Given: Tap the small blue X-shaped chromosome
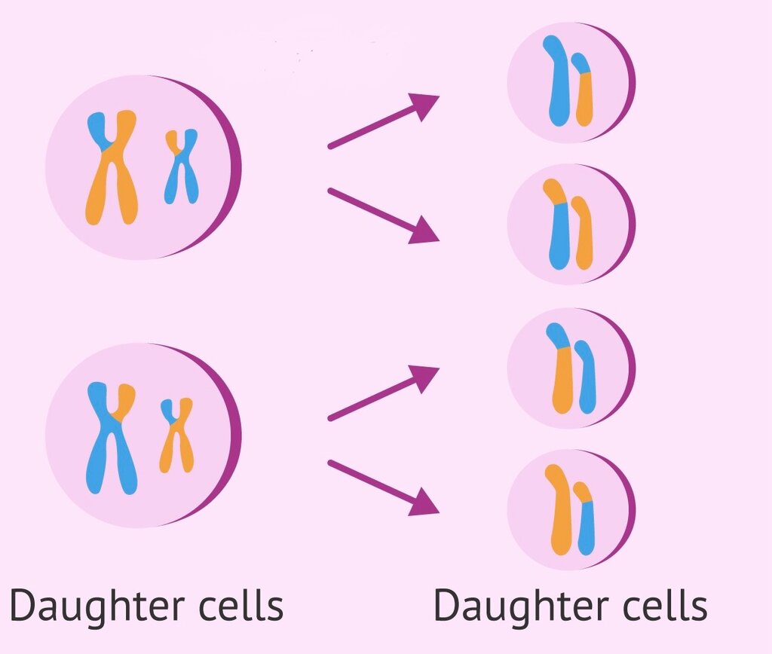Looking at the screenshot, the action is (x=182, y=167).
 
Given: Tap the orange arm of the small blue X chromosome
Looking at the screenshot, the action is (x=173, y=141).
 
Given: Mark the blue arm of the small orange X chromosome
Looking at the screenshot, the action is (x=168, y=409).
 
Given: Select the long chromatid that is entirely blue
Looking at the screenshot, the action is (x=559, y=81).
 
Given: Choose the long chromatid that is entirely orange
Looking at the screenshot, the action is (x=561, y=509).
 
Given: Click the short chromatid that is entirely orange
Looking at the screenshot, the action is (x=583, y=233).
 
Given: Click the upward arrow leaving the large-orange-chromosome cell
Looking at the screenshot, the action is (x=383, y=121).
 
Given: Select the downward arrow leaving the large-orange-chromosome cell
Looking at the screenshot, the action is (x=383, y=215).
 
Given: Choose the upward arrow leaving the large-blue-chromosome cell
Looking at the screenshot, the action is (x=383, y=393).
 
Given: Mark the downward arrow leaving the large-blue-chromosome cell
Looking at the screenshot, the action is (x=383, y=487).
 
